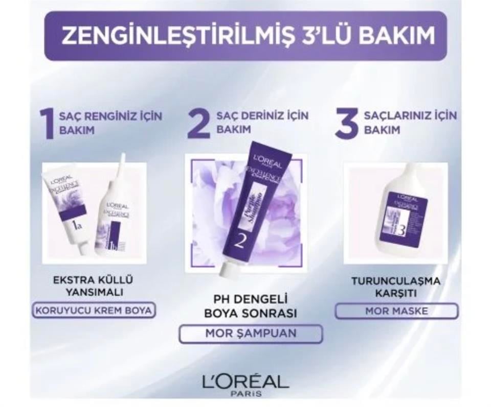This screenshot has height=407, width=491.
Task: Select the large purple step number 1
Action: coord(48,123)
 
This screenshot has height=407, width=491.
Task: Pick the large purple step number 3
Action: coord(347,123)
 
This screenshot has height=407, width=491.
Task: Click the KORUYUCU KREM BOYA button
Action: coord(94,310)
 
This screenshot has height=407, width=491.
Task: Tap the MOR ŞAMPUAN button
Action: coord(251,333)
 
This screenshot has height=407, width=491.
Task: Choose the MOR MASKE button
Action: coord(396,310)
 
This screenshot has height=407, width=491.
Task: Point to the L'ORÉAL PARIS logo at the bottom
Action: coord(245,384)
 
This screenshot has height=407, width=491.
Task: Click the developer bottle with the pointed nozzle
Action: coord(116,214)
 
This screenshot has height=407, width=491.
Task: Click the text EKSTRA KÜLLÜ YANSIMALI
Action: coord(93,286)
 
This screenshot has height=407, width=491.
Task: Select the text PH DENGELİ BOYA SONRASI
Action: coord(251,305)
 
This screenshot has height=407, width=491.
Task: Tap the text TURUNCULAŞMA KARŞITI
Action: coord(396,286)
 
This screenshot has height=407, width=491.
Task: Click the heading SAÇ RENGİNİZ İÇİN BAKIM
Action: coord(110,123)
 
